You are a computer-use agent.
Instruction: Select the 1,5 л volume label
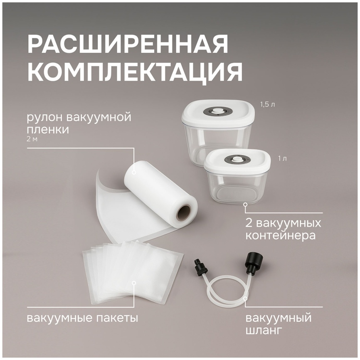click(x=267, y=105)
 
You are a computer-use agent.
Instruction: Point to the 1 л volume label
click(x=282, y=159)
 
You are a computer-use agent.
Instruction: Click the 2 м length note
click(x=32, y=139)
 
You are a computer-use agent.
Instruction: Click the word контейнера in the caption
click(x=280, y=235)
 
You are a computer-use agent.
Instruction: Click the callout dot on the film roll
click(x=134, y=172)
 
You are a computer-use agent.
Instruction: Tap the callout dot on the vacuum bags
click(x=134, y=283)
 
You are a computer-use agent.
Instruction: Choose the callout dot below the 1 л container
click(x=245, y=204)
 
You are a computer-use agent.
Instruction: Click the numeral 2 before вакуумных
click(x=249, y=223)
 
